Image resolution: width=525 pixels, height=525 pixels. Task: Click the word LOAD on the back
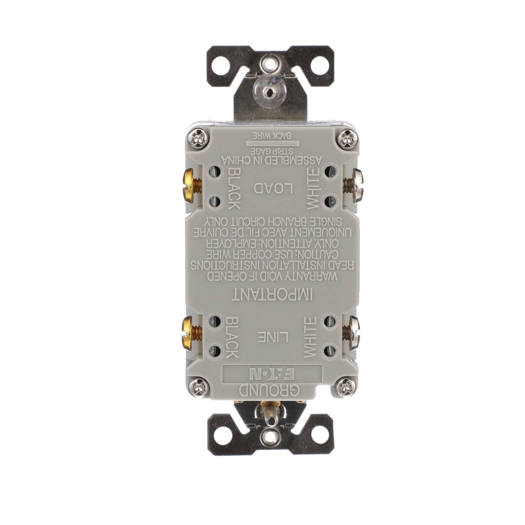click(273, 188)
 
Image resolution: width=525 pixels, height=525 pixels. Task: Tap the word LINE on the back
click(273, 337)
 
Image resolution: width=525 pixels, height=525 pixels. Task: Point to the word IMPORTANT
click(273, 296)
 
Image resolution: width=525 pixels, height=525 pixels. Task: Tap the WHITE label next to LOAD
click(312, 188)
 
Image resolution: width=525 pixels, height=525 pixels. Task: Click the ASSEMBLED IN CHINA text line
click(273, 159)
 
